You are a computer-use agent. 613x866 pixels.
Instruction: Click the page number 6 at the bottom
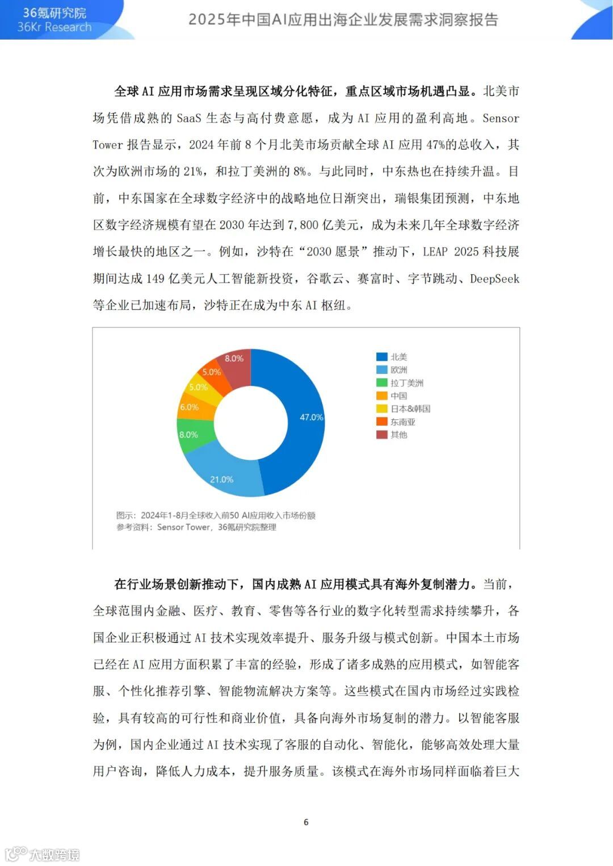(x=306, y=822)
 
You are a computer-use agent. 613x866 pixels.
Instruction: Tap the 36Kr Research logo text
(x=54, y=27)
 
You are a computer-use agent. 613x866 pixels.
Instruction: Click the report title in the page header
(x=343, y=20)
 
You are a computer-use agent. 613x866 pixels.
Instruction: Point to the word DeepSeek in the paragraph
(x=494, y=279)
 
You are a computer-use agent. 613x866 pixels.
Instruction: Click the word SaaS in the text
(x=188, y=118)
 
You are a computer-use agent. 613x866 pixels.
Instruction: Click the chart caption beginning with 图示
(x=216, y=515)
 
